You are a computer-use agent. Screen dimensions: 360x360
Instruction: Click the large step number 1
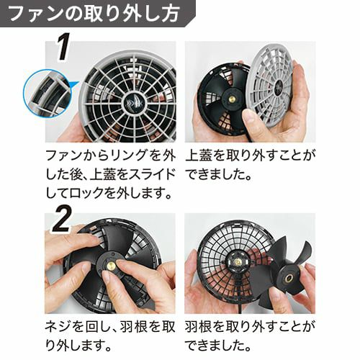coord(63,48)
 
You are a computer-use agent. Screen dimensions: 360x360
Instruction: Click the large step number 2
coord(62,219)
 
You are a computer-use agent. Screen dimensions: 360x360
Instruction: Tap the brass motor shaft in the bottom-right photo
coord(238,262)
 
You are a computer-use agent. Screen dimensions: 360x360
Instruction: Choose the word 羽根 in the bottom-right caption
coord(198,328)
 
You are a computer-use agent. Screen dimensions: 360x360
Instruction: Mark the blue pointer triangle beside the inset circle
coord(74,86)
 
